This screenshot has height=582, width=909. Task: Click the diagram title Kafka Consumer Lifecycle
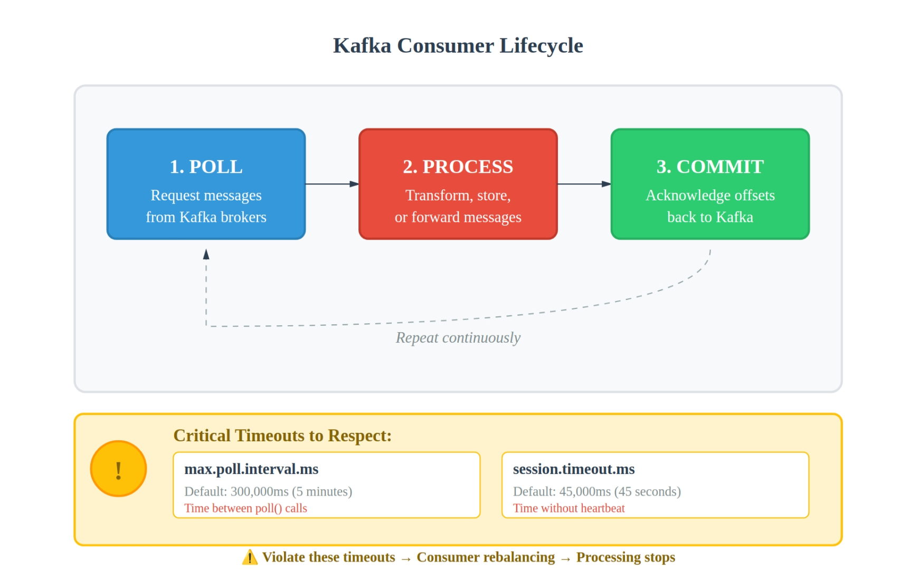[x=458, y=46]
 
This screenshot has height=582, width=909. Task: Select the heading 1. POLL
[x=206, y=167]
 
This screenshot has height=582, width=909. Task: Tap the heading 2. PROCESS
[x=458, y=167]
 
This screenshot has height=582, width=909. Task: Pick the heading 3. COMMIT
[x=710, y=167]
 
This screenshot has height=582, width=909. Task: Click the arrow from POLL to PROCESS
[x=332, y=184]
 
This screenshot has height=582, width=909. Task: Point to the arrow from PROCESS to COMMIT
[x=584, y=184]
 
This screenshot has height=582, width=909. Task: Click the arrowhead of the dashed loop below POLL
[x=206, y=255]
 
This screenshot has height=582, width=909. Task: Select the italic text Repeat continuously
[x=458, y=337]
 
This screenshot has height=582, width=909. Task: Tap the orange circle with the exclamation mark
[x=118, y=469]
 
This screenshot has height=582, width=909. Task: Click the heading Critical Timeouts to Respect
[x=282, y=435]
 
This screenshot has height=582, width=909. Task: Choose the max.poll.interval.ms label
[x=251, y=469]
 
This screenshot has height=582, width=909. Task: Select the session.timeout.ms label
[x=574, y=469]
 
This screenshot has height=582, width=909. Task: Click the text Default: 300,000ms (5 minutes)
[x=268, y=491]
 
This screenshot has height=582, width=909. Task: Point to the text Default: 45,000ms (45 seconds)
[x=597, y=491]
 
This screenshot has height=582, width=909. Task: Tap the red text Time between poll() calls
[x=245, y=508]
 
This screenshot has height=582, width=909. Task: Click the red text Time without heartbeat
[x=569, y=508]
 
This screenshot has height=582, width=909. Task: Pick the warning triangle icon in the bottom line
[x=250, y=557]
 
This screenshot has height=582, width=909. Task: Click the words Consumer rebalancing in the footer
[x=486, y=557]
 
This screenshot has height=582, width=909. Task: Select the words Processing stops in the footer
[x=626, y=557]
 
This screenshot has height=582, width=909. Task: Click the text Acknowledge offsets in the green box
[x=710, y=196]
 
